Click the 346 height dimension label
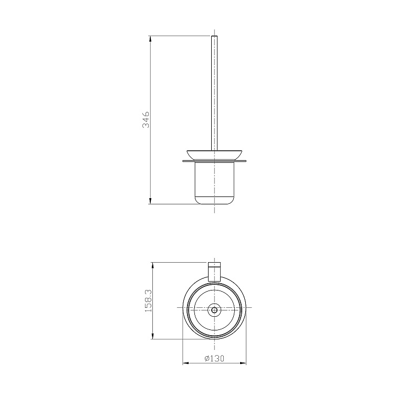point(146,120)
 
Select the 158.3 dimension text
point(149,301)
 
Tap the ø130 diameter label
point(214,358)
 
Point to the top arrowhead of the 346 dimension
point(150,39)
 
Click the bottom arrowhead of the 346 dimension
point(150,201)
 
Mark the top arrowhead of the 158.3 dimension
point(153,266)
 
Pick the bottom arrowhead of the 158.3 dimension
point(153,336)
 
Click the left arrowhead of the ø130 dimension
point(185,363)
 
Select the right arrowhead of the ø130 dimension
point(243,363)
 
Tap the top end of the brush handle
point(214,36)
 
